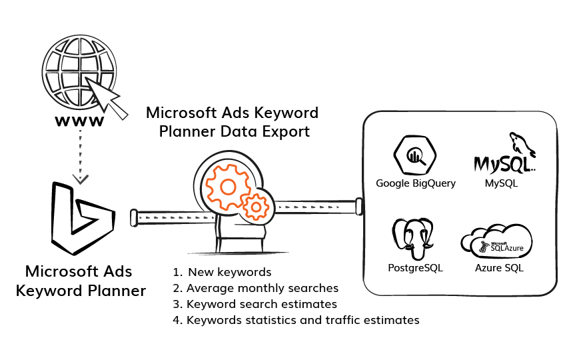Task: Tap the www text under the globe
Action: pyautogui.click(x=79, y=121)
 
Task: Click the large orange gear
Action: pyautogui.click(x=227, y=185)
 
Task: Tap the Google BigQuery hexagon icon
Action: pyautogui.click(x=415, y=155)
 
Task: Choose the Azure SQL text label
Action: pyautogui.click(x=499, y=268)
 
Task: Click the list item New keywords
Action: pyautogui.click(x=230, y=272)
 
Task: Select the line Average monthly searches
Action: pyautogui.click(x=263, y=288)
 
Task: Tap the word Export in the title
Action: pyautogui.click(x=285, y=131)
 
